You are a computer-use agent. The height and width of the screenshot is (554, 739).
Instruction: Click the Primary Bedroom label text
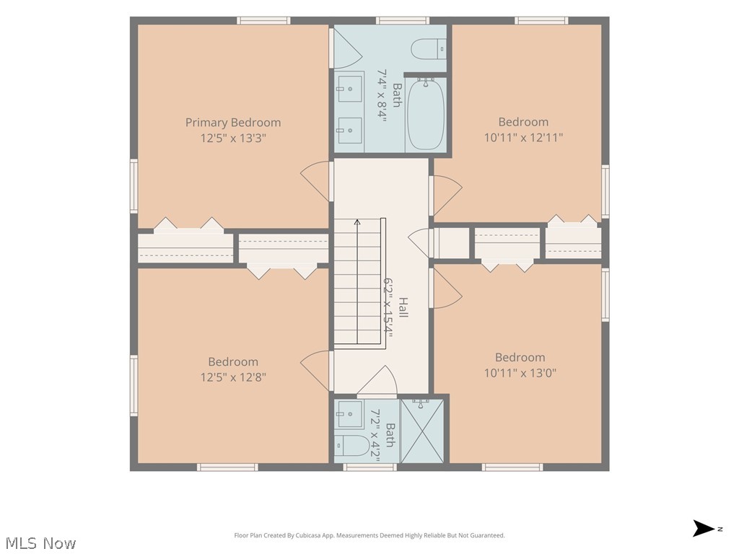click(x=233, y=123)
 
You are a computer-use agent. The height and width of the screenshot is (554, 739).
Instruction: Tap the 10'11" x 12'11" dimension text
click(x=523, y=137)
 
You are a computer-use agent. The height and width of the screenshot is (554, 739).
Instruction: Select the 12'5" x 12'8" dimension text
click(x=233, y=377)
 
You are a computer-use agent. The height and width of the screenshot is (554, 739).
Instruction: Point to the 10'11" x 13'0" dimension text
click(x=520, y=373)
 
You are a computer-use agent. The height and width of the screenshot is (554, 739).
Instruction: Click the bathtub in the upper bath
click(x=426, y=114)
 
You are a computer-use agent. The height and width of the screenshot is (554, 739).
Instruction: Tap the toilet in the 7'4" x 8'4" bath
click(x=429, y=49)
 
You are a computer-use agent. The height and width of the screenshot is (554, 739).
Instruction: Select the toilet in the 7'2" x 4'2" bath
click(x=352, y=446)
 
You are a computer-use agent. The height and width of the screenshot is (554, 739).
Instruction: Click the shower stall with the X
click(x=422, y=431)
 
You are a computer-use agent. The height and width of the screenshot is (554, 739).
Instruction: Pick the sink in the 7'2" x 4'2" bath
click(x=349, y=415)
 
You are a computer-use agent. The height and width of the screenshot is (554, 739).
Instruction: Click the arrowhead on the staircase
click(x=357, y=222)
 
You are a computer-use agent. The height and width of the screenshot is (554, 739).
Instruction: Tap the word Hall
click(x=403, y=307)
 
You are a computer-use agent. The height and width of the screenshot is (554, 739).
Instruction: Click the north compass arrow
click(x=704, y=529)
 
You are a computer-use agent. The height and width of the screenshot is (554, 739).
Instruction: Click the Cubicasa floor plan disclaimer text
click(x=369, y=535)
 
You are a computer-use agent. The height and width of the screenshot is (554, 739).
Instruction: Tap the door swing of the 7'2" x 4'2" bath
click(x=377, y=379)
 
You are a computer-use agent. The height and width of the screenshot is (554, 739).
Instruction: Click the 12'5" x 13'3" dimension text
click(x=233, y=138)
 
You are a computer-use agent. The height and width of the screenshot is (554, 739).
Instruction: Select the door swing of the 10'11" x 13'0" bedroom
click(x=447, y=289)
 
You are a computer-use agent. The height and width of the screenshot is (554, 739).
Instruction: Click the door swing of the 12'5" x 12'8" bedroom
click(x=315, y=371)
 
